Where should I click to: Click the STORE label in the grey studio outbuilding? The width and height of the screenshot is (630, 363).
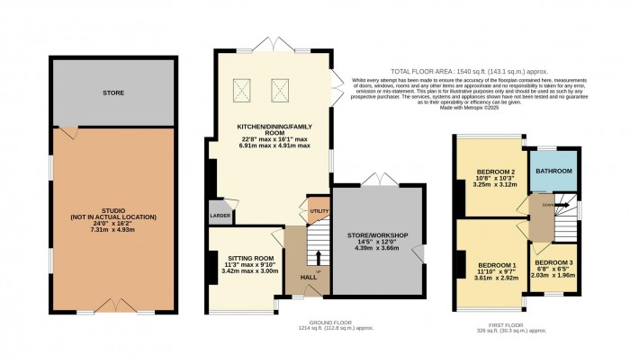pos(112,93)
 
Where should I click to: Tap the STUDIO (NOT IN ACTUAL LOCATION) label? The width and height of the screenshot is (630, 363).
pos(112,213)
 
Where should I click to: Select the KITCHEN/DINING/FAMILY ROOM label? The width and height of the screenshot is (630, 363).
pos(273,132)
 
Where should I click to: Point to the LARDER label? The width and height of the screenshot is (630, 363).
pos(220,216)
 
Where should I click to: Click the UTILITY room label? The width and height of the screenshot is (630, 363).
pos(319,210)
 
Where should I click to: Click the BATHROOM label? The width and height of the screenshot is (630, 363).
pos(553,171)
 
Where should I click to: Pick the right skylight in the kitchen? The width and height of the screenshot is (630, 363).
pos(278,88)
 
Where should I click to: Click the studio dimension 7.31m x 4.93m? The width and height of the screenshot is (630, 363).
pos(112,230)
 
